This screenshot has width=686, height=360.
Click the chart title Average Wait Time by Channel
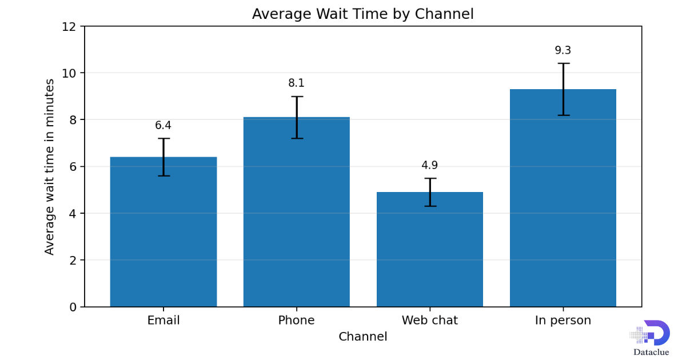pyautogui.click(x=362, y=14)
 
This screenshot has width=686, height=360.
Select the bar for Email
pyautogui.click(x=163, y=232)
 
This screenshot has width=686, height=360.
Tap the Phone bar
pyautogui.click(x=297, y=212)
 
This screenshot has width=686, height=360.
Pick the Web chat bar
pyautogui.click(x=430, y=249)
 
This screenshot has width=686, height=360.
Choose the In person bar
pyautogui.click(x=563, y=198)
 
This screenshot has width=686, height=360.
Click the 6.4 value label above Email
pyautogui.click(x=163, y=125)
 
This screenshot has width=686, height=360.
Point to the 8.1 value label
pyautogui.click(x=296, y=83)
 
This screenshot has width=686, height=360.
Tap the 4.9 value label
pyautogui.click(x=430, y=165)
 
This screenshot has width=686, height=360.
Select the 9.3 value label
pyautogui.click(x=563, y=50)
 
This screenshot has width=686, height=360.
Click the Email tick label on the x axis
pyautogui.click(x=163, y=320)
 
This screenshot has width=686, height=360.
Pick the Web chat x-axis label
pyautogui.click(x=430, y=320)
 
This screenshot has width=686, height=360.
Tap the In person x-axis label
pyautogui.click(x=563, y=321)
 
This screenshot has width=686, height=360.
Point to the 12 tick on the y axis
pyautogui.click(x=69, y=27)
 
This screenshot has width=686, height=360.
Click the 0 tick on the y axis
pyautogui.click(x=73, y=307)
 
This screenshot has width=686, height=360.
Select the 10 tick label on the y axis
pyautogui.click(x=69, y=74)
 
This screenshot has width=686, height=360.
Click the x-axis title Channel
pyautogui.click(x=362, y=337)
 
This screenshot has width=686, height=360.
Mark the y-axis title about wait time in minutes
pyautogui.click(x=49, y=167)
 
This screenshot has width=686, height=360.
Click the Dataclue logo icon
pyautogui.click(x=650, y=333)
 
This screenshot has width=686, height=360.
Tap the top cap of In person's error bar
pyautogui.click(x=564, y=63)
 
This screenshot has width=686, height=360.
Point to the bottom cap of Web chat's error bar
pyautogui.click(x=430, y=206)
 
